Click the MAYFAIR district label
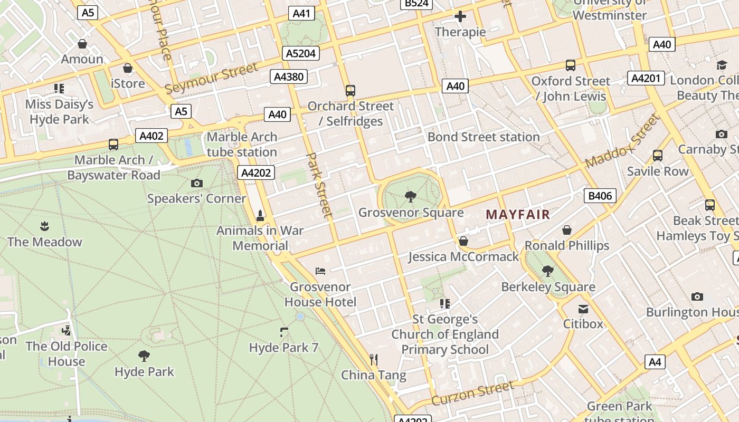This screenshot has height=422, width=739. coord(518,215)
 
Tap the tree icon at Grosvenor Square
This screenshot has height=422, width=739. coord(411,197)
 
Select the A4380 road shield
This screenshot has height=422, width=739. coord(289,76)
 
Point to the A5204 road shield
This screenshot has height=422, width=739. coord(301,53)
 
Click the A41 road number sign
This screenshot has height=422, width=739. coord(301,13)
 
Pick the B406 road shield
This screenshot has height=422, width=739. coord(600,196)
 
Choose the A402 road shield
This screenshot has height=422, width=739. coord(151,136)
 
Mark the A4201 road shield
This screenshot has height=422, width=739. coord(646,78)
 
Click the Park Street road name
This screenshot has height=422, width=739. coord(320,185)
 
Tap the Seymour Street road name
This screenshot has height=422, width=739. coord(212,78)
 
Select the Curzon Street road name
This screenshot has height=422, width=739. coord(472,394)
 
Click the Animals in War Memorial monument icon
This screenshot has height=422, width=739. coord(260,216)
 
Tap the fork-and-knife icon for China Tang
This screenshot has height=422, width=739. coord(374,360)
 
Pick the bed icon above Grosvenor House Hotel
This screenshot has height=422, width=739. coord(320,271)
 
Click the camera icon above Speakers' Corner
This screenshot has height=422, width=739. coord(197,183)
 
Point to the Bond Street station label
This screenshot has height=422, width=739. coord(484,137)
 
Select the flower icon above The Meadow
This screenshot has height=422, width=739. coord(44,226)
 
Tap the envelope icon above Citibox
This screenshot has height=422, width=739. coord(583,309)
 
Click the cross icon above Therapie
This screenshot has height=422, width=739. coord(460,16)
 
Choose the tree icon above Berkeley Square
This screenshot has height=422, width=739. coord(548,271)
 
